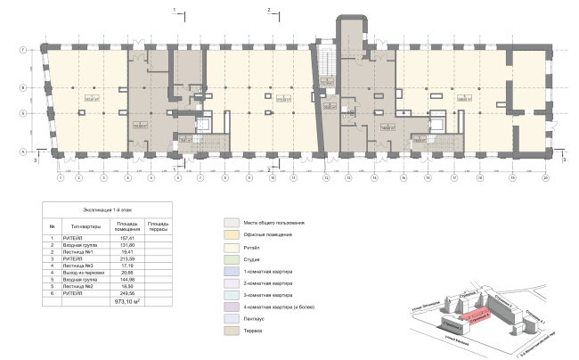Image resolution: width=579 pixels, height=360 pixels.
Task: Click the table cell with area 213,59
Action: [124, 258]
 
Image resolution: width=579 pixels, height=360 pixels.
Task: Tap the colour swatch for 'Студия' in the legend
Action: [230, 258]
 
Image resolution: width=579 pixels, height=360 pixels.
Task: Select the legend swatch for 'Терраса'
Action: [230, 331]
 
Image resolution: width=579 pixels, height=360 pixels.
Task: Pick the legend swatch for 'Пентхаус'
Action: [230, 318]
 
